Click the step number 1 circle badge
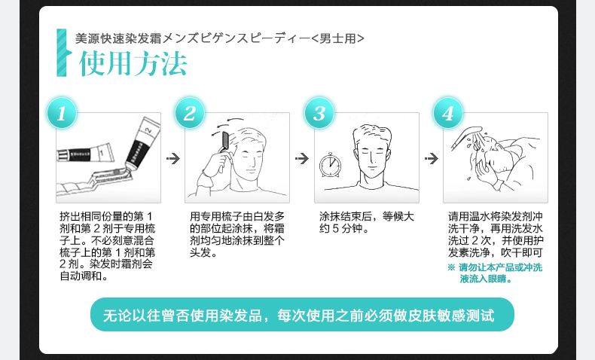[x=62, y=113]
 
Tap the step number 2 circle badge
[x=190, y=113]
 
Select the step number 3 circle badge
[x=319, y=113]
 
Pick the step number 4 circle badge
[x=448, y=113]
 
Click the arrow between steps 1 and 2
[x=173, y=159]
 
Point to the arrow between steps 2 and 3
[x=302, y=159]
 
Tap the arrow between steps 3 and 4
[x=432, y=159]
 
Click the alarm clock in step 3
[x=330, y=165]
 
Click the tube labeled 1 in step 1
[x=85, y=153]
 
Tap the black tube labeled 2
[x=142, y=143]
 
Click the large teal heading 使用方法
[x=133, y=63]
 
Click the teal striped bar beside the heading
[x=63, y=53]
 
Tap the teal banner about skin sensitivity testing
[x=302, y=315]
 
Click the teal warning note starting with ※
[x=495, y=273]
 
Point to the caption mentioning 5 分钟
[x=366, y=223]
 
